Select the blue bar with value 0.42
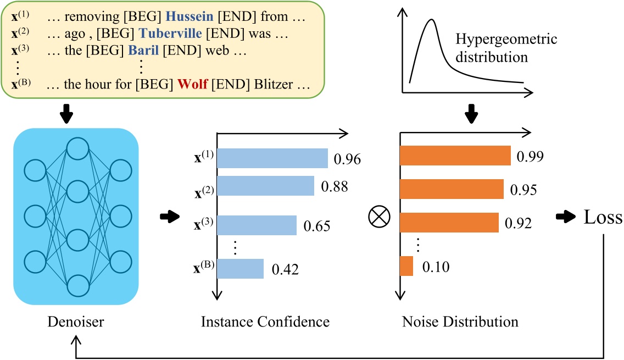click(241, 269)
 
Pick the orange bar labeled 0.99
click(455, 156)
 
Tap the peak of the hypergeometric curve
click(432, 20)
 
